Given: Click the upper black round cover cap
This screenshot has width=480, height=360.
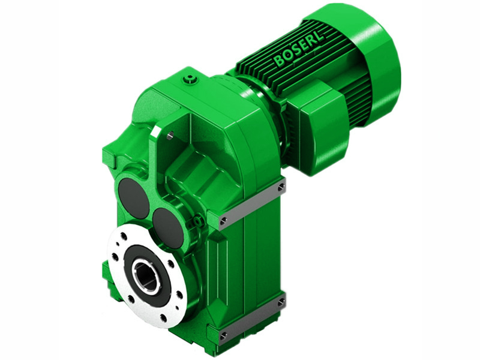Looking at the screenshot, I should point(133,198).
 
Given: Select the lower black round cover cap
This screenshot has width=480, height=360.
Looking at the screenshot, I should point(168,228).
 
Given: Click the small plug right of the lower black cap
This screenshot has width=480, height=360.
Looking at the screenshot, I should point(194,225).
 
